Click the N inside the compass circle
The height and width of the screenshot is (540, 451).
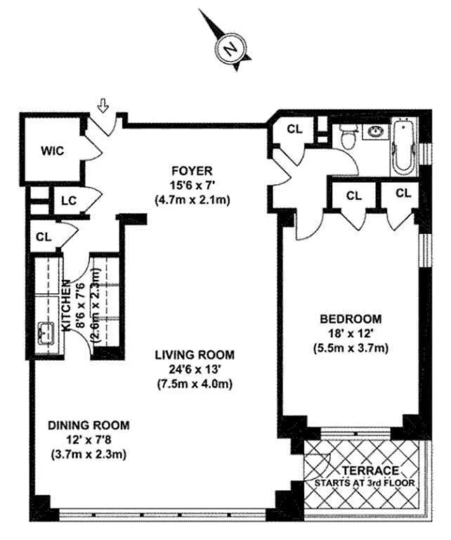point(230,49)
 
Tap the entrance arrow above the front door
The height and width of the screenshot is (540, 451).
point(103,105)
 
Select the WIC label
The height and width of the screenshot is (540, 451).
point(52,151)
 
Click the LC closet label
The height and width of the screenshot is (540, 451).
point(69,201)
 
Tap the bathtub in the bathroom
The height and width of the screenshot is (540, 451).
point(405,146)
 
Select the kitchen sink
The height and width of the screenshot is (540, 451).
point(45,333)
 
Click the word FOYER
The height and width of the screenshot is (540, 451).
point(192,170)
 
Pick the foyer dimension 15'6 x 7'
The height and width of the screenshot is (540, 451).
point(192,186)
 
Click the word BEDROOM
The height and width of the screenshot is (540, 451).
point(351,319)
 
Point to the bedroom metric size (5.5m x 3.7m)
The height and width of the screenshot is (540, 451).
point(351,348)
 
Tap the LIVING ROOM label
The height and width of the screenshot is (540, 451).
point(195,354)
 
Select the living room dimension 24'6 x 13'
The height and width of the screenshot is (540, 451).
point(195,370)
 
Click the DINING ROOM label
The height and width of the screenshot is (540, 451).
point(89,425)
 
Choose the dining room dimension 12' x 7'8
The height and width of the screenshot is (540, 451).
point(89,439)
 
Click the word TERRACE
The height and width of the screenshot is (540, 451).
point(370,470)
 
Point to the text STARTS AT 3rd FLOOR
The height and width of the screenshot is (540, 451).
point(365,483)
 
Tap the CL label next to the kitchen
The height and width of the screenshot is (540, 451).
point(44,237)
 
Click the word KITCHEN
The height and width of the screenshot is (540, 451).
point(66,305)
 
